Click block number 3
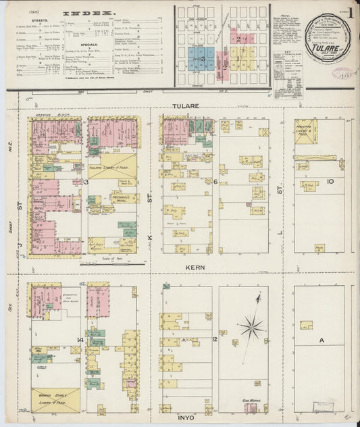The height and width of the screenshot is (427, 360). click(86, 182)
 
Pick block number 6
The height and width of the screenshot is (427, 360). click(215, 182)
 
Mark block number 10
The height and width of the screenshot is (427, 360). click(330, 182)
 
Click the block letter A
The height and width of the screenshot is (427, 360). click(322, 341)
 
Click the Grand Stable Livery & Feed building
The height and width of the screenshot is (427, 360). click(55, 399)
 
